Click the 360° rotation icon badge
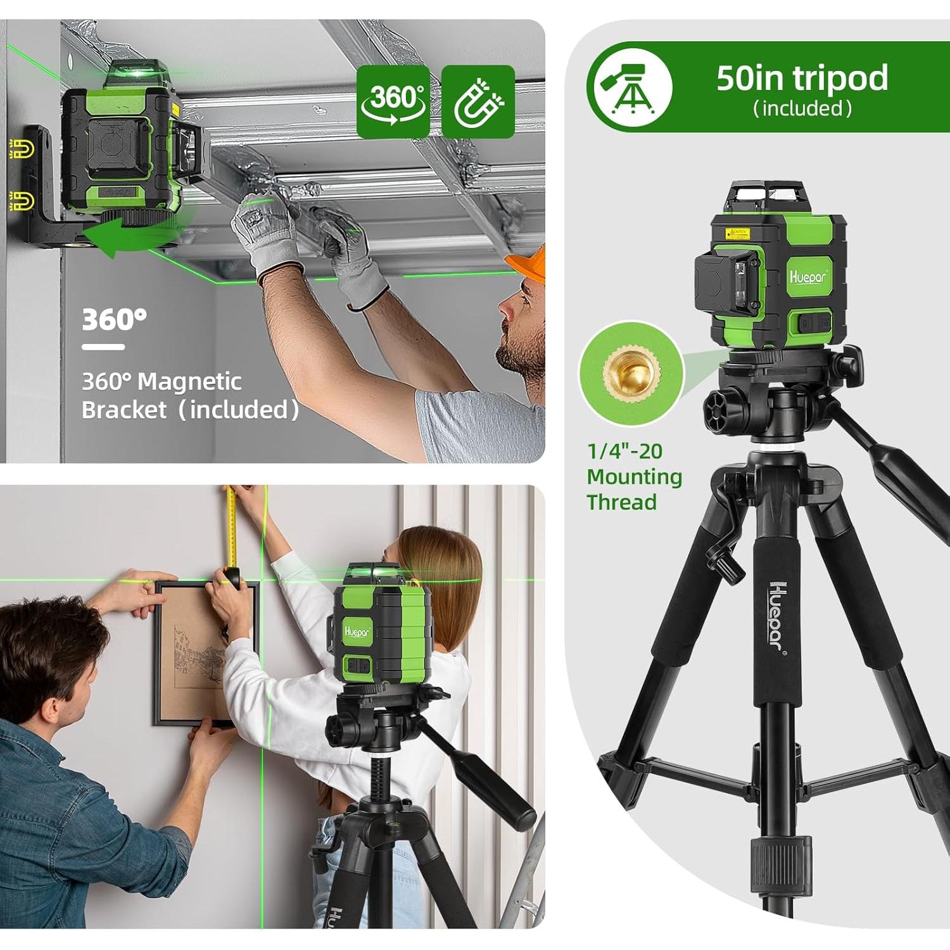393,101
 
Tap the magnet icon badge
478,101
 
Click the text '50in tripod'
802,78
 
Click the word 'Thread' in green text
621,502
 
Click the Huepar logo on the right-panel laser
807,276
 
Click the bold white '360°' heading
114,320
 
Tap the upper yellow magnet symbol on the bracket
22,149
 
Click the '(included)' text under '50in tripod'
802,109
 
